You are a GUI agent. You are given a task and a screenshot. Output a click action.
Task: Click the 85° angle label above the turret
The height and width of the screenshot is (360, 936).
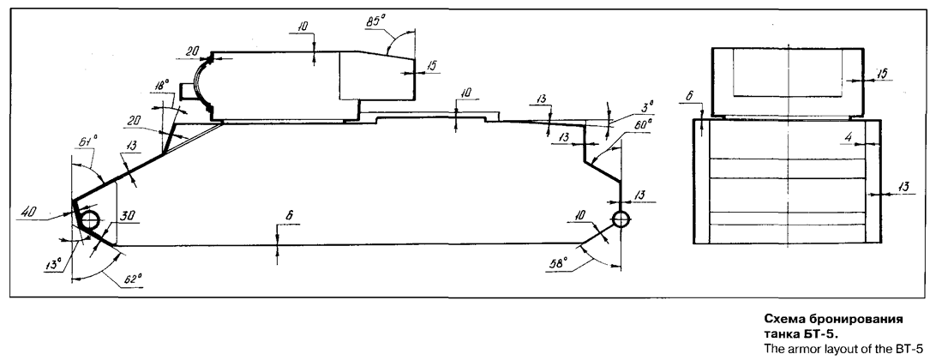[376, 21]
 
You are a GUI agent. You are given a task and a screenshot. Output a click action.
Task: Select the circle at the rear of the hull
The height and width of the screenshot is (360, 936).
[621, 219]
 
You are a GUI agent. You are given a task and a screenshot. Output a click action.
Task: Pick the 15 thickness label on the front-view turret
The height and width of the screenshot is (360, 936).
[882, 74]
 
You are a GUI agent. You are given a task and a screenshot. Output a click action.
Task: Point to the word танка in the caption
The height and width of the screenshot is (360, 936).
[783, 334]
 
